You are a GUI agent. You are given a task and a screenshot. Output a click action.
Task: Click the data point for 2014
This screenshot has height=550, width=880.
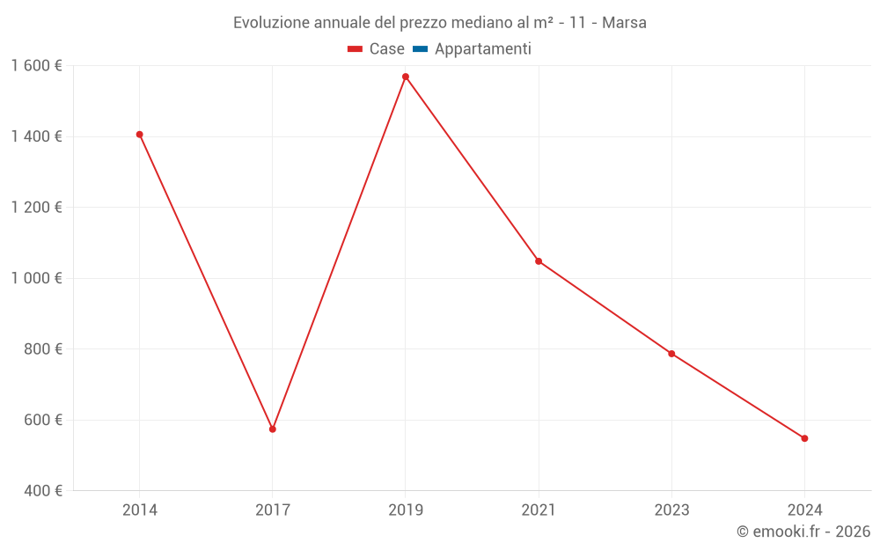pyautogui.click(x=140, y=135)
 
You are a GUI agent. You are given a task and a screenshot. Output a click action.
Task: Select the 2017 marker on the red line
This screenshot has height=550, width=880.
pyautogui.click(x=273, y=429)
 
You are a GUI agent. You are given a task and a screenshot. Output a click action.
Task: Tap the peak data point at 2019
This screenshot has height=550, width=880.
pyautogui.click(x=406, y=77)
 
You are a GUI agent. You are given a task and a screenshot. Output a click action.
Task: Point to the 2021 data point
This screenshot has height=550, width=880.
pyautogui.click(x=539, y=261)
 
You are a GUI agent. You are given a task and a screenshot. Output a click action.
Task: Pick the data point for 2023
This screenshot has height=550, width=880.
pyautogui.click(x=671, y=354)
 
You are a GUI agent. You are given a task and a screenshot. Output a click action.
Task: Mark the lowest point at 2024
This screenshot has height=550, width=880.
pyautogui.click(x=804, y=438)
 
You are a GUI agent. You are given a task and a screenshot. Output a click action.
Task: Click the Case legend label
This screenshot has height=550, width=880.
pyautogui.click(x=386, y=49)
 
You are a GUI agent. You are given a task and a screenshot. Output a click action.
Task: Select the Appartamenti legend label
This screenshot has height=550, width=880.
pyautogui.click(x=482, y=49)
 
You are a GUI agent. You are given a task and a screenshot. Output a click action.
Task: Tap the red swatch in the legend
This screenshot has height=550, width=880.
pyautogui.click(x=356, y=49)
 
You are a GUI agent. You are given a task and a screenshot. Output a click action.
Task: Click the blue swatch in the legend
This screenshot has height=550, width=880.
pyautogui.click(x=420, y=49)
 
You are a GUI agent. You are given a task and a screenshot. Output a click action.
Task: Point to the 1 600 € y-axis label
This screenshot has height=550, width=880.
pyautogui.click(x=36, y=66)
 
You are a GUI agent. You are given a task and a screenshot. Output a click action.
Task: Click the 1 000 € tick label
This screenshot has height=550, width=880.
pyautogui.click(x=36, y=278)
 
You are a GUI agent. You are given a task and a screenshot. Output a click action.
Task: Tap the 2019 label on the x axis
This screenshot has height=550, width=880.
pyautogui.click(x=406, y=510)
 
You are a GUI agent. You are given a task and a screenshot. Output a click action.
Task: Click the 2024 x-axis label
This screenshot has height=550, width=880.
pyautogui.click(x=804, y=510)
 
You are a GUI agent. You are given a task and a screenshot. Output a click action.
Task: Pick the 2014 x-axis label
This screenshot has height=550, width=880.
pyautogui.click(x=140, y=510)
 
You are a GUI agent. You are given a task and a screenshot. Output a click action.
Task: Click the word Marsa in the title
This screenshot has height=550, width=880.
pyautogui.click(x=624, y=23)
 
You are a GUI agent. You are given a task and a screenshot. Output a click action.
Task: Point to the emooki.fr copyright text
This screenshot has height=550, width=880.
pyautogui.click(x=803, y=532)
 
